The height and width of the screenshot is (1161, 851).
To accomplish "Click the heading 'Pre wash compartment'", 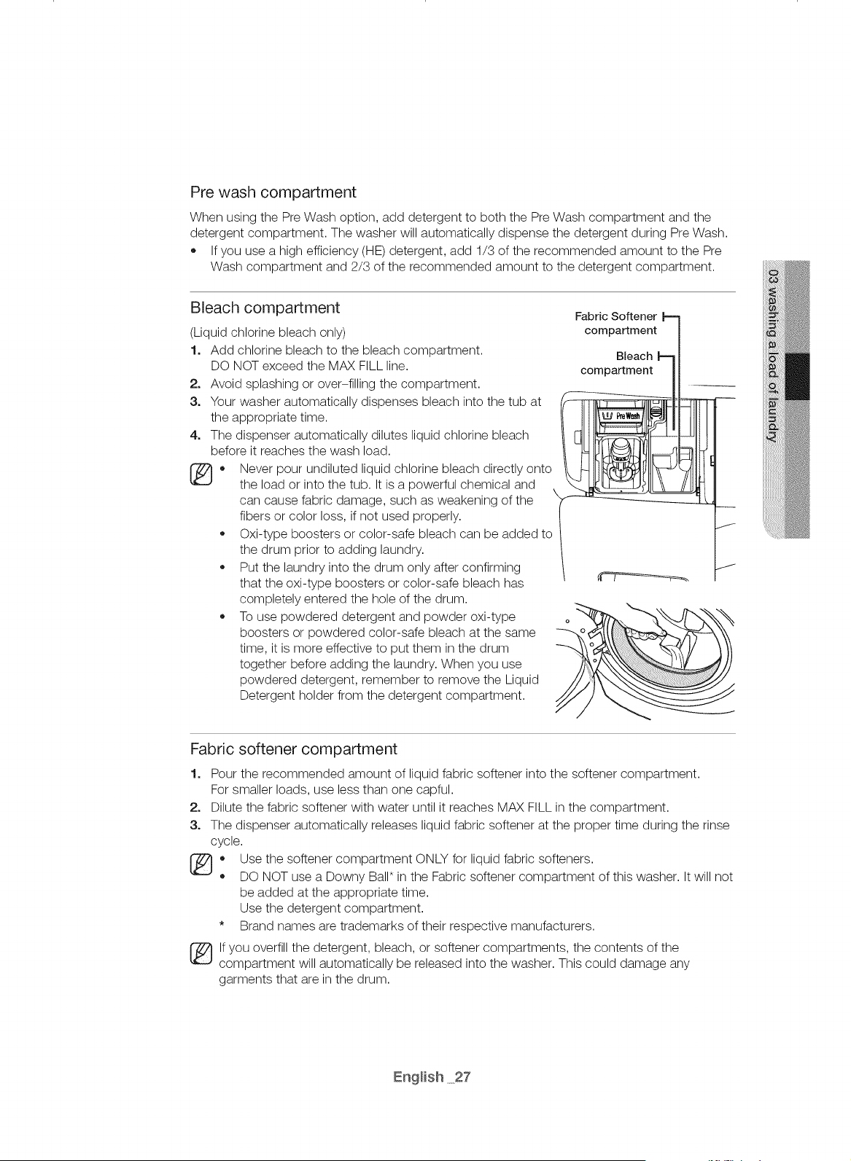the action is [x=273, y=193].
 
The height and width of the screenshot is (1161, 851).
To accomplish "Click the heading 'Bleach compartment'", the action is [x=265, y=308].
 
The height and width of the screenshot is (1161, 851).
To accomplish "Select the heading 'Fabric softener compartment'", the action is [x=294, y=749].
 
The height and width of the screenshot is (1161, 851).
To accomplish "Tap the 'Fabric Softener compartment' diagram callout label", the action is [x=616, y=324].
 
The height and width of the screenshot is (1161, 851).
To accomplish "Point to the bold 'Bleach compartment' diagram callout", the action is [x=617, y=364].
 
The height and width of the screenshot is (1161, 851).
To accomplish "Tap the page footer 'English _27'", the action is [x=432, y=1077].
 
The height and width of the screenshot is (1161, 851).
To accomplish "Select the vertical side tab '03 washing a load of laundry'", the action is [x=774, y=356].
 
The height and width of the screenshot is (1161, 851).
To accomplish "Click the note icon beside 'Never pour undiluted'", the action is [x=201, y=474].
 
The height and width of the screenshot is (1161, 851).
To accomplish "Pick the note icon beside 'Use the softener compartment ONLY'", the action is [x=201, y=865].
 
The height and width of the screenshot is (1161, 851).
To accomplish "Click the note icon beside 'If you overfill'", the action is [x=201, y=955].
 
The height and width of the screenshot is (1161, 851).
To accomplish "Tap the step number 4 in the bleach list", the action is [x=195, y=435].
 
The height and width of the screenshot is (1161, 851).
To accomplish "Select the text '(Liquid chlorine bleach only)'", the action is [x=268, y=332].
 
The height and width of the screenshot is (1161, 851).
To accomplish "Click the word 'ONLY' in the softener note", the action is [x=432, y=859].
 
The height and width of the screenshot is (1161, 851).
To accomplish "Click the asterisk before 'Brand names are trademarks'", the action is [x=222, y=923].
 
